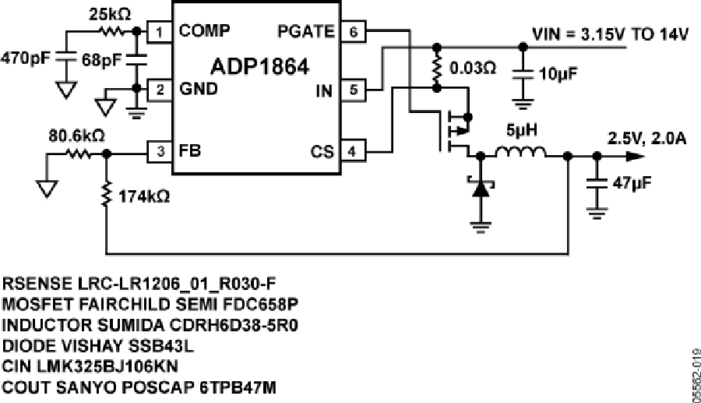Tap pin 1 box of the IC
click(159, 32)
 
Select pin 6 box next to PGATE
click(354, 32)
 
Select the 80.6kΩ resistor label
click(76, 136)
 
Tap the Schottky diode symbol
click(479, 187)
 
